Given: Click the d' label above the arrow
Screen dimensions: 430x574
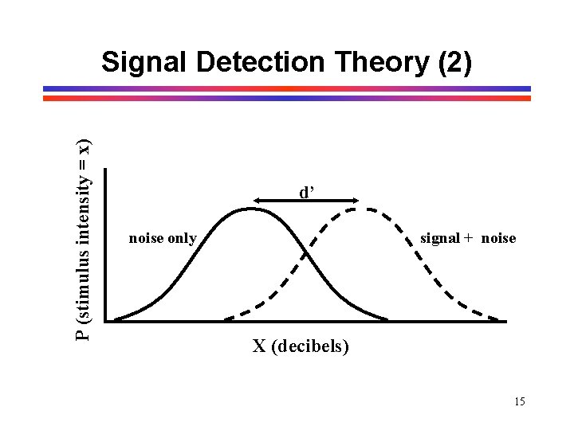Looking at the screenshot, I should (x=308, y=192).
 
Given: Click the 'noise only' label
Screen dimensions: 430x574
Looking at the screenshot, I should (x=163, y=238).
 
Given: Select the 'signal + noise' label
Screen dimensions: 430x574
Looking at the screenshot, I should (x=468, y=238).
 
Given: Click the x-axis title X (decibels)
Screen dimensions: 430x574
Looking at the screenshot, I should (x=301, y=346).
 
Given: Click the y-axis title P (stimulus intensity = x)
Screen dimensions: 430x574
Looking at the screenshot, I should (x=82, y=239).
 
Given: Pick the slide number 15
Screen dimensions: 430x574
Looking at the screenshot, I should (x=520, y=401).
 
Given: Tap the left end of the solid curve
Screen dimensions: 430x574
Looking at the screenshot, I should (x=116, y=320).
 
